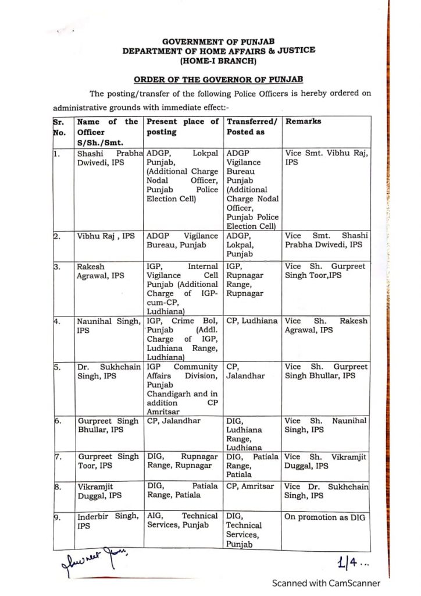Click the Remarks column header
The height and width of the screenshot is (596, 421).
tap(304, 122)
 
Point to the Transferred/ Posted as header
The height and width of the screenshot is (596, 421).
tap(252, 127)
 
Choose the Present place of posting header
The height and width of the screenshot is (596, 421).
tap(183, 127)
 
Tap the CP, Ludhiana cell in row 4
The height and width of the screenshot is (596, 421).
tap(252, 321)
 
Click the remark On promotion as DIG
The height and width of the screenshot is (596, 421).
tap(322, 517)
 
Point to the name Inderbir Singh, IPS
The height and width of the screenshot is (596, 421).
tap(108, 520)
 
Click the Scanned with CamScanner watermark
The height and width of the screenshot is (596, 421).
tap(327, 583)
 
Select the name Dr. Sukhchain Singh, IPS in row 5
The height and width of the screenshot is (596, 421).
tap(108, 372)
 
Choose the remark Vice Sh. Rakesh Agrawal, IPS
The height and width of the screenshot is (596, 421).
tap(326, 325)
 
